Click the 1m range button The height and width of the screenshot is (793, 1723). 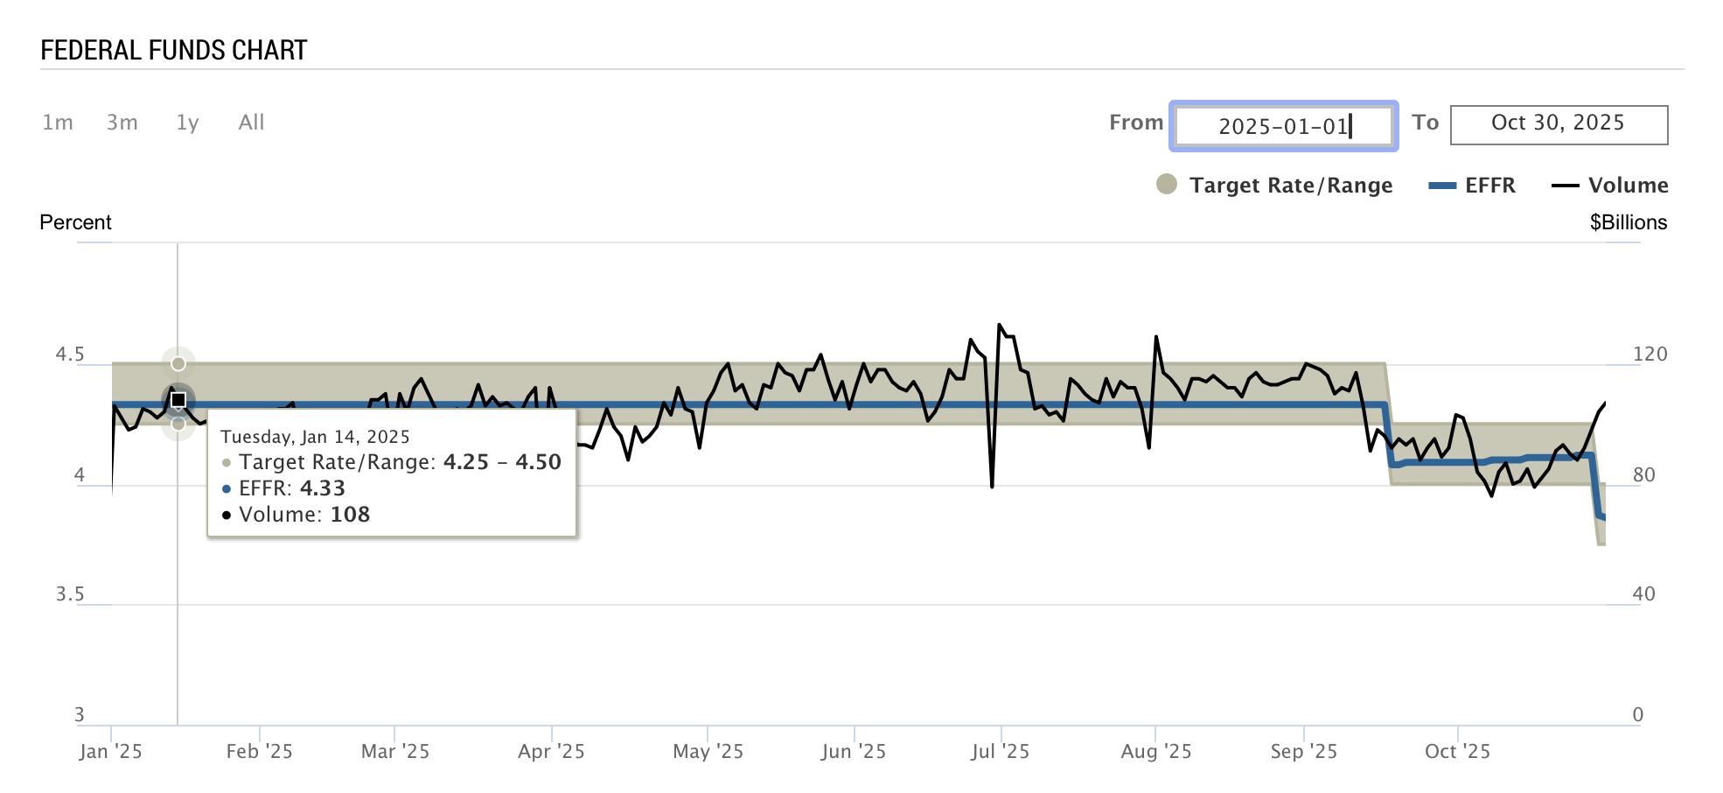click(x=58, y=123)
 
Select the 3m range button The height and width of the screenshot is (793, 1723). click(x=122, y=123)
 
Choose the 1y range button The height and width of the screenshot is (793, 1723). click(x=187, y=123)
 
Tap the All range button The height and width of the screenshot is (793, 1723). click(x=251, y=123)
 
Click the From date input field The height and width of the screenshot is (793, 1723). click(x=1283, y=126)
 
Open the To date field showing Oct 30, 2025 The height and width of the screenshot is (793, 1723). click(x=1558, y=124)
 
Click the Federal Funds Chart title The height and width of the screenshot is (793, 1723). click(x=174, y=51)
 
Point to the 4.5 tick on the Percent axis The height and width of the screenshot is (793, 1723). click(x=70, y=354)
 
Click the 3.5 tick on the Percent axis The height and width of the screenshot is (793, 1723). click(x=70, y=594)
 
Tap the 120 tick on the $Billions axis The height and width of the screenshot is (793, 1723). click(x=1650, y=354)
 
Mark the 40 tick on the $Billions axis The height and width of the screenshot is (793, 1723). click(x=1643, y=594)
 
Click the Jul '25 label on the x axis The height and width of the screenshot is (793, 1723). click(x=1000, y=751)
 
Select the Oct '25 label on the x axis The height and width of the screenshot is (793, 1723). click(x=1457, y=751)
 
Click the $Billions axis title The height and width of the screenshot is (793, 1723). click(x=1628, y=222)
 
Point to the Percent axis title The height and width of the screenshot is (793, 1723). click(x=75, y=222)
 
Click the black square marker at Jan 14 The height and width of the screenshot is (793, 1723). click(x=178, y=400)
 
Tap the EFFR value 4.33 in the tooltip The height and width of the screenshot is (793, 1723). click(x=323, y=488)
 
